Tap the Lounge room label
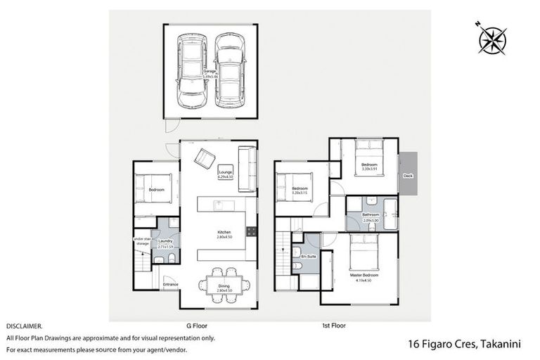tap(225, 173)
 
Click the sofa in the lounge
tap(247, 169)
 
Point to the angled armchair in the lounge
tap(205, 158)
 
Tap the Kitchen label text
tap(224, 231)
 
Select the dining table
tap(224, 285)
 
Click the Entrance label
tap(171, 284)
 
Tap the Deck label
tap(407, 176)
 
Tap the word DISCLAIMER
tap(24, 327)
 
